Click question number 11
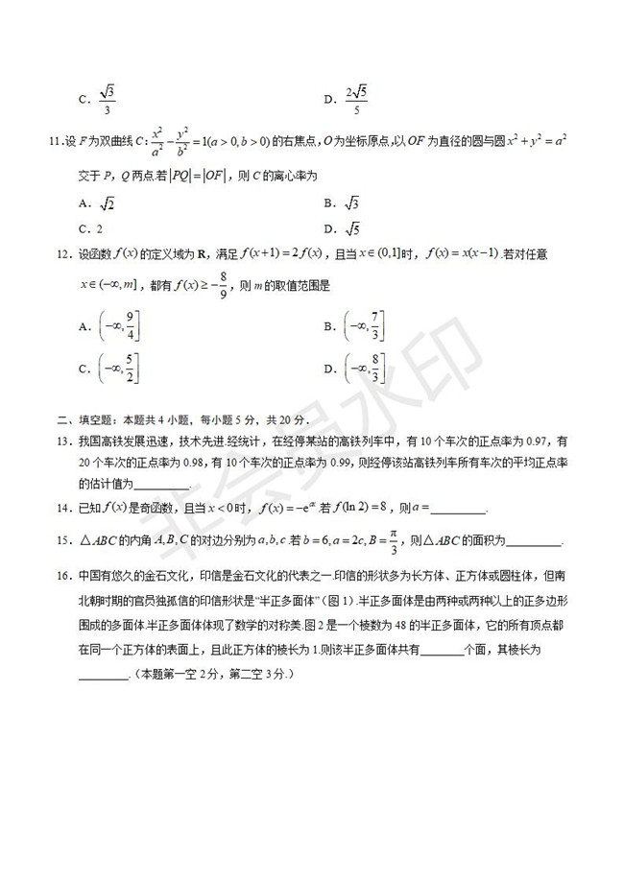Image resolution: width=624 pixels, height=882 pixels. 55,143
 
